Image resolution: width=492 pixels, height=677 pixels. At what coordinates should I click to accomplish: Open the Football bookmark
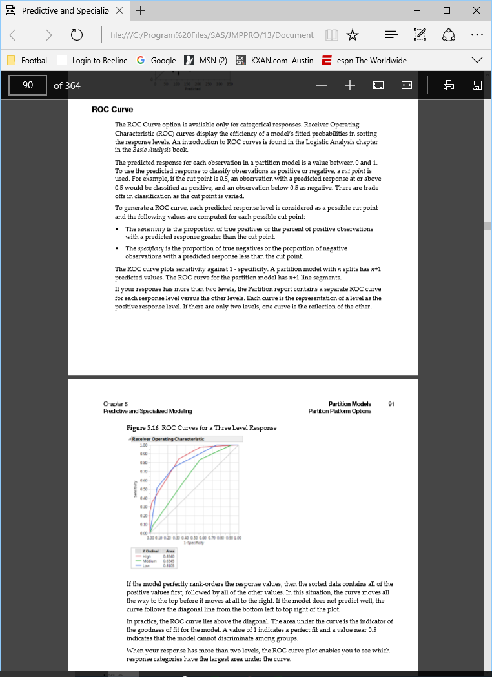click(x=28, y=60)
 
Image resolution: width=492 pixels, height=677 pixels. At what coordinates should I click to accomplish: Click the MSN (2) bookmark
click(x=206, y=60)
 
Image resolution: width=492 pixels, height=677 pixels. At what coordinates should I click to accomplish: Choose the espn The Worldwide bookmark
click(x=365, y=60)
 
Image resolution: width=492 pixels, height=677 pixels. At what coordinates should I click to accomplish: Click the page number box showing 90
click(x=28, y=85)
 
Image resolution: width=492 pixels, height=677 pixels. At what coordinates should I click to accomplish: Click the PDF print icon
click(x=449, y=85)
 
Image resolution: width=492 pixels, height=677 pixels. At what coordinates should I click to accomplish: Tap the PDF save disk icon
click(x=477, y=85)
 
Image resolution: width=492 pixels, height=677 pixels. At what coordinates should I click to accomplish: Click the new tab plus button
click(x=140, y=11)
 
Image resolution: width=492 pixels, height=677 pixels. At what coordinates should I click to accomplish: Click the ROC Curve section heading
click(x=112, y=110)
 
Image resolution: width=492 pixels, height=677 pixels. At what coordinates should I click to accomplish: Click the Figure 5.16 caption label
click(x=143, y=428)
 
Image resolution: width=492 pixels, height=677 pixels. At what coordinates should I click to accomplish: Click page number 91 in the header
click(x=391, y=404)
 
